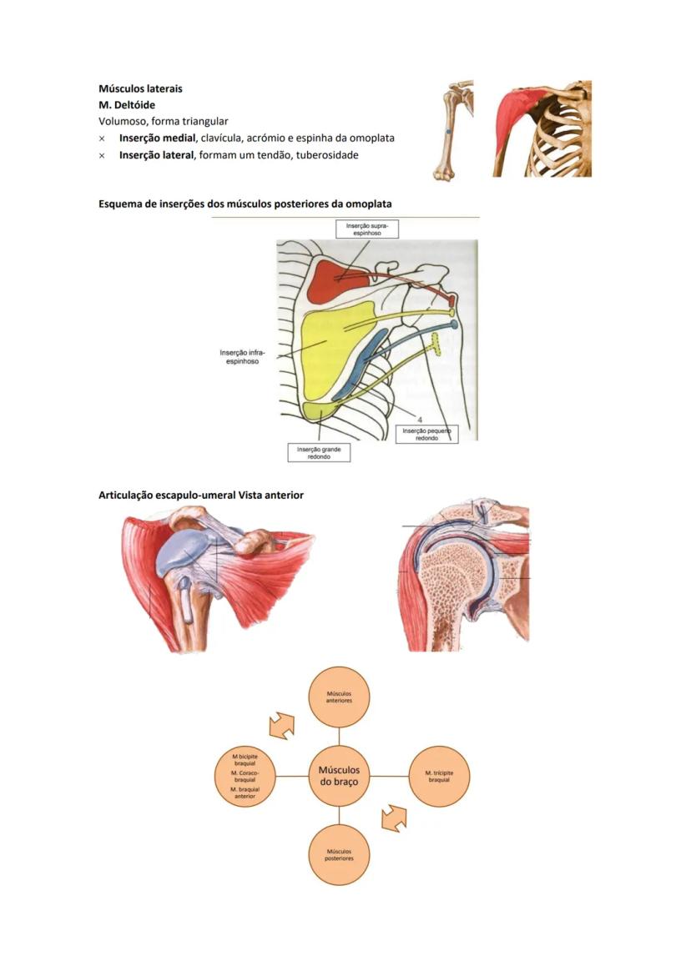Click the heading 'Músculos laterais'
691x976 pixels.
pyautogui.click(x=140, y=88)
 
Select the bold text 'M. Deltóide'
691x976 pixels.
pyautogui.click(x=126, y=105)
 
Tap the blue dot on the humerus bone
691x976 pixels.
pyautogui.click(x=448, y=133)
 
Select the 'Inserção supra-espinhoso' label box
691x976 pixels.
pyautogui.click(x=367, y=229)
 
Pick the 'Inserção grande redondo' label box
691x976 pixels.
pyautogui.click(x=319, y=452)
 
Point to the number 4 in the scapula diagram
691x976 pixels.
pyautogui.click(x=419, y=419)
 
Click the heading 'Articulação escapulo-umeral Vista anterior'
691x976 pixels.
pyautogui.click(x=201, y=496)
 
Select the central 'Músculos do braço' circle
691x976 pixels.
pyautogui.click(x=339, y=776)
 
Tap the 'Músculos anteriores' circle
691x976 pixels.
pyautogui.click(x=339, y=697)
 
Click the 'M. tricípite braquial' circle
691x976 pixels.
pyautogui.click(x=439, y=776)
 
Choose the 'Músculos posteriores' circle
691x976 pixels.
pyautogui.click(x=339, y=854)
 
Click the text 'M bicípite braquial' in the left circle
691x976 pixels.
pyautogui.click(x=245, y=759)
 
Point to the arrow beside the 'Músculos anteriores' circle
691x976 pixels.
pyautogui.click(x=281, y=725)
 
